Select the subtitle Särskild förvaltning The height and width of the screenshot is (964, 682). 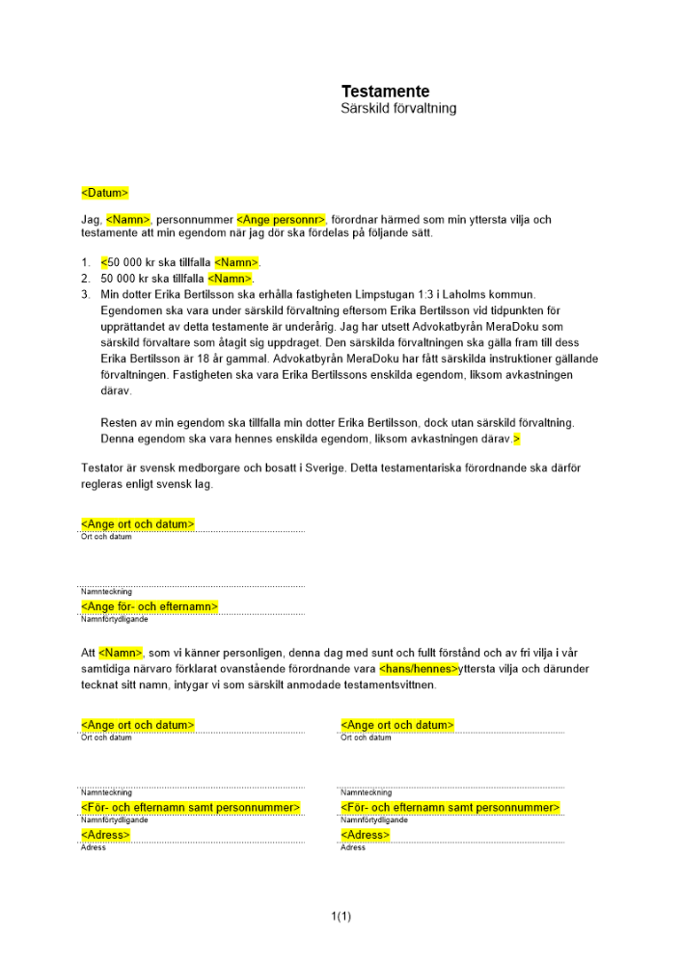398,109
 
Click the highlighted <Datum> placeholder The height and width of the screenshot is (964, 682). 104,193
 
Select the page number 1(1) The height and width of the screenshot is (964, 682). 341,916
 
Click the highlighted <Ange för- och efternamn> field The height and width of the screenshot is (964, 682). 150,606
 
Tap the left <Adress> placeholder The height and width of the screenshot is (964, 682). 105,834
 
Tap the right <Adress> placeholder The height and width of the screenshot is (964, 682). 366,834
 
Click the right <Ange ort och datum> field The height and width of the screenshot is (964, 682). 397,725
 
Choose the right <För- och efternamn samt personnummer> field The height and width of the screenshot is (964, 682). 450,807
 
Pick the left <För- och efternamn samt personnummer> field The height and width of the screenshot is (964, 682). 191,807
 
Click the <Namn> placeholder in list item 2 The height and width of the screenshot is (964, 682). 230,279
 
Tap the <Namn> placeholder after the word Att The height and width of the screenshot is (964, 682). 121,654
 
